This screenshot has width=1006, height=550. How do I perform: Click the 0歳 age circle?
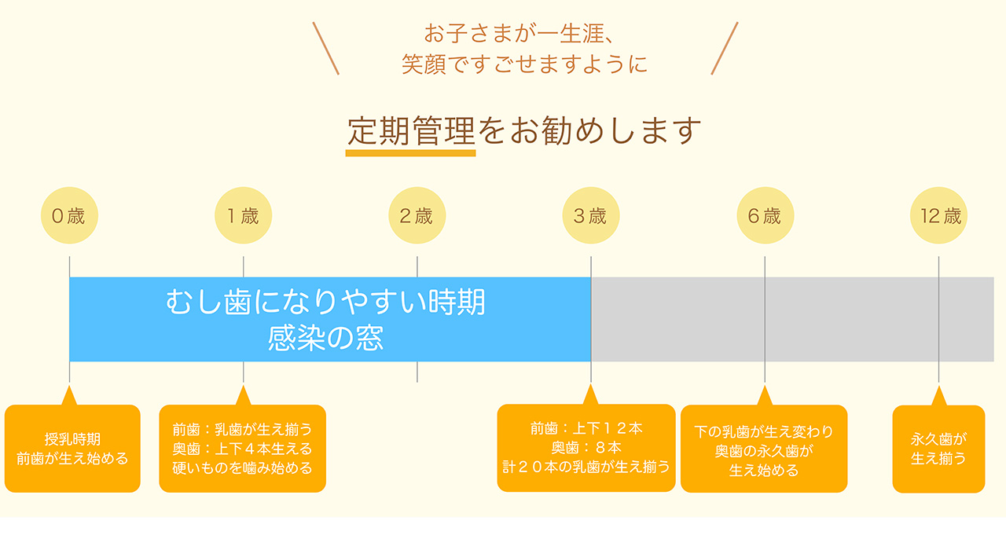pos(69,215)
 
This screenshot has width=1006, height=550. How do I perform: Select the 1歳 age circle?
pos(243,215)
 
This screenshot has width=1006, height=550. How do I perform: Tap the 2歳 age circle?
pos(417,215)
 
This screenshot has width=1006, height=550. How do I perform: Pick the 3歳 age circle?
pos(590,215)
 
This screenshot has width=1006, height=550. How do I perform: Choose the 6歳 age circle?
pos(765,215)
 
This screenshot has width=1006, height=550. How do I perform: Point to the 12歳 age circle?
pos(938,215)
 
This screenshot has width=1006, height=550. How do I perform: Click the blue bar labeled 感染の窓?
pos(330,319)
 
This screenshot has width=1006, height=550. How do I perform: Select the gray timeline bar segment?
pos(793,319)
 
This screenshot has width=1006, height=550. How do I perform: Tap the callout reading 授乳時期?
pos(72,448)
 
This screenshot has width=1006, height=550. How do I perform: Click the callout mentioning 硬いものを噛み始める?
pos(243,448)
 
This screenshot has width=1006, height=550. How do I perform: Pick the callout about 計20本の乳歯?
pos(586,448)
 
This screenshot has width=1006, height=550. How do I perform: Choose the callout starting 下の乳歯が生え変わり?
pos(764,448)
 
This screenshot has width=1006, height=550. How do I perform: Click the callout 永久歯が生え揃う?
pos(938,449)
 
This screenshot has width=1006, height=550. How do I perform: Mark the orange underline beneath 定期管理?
pos(410,153)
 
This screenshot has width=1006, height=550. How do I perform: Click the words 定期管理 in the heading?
pos(411,131)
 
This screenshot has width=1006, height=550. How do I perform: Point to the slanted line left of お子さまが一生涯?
pos(325,48)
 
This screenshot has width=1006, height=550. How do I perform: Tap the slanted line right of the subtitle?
pos(725,48)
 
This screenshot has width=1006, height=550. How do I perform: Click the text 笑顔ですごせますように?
pos(524,64)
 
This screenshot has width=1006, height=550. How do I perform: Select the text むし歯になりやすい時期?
pos(325,302)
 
